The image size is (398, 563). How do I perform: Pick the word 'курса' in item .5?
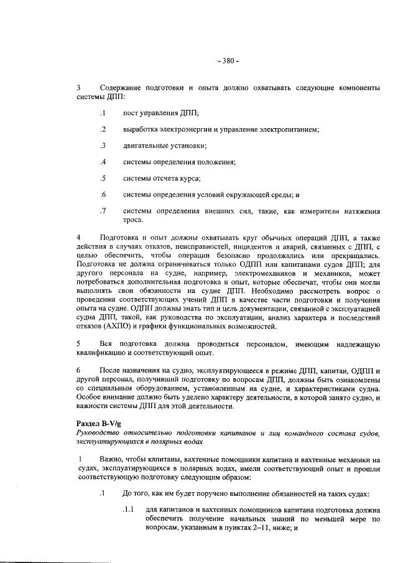(x=189, y=179)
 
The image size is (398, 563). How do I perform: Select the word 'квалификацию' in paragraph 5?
(x=103, y=352)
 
